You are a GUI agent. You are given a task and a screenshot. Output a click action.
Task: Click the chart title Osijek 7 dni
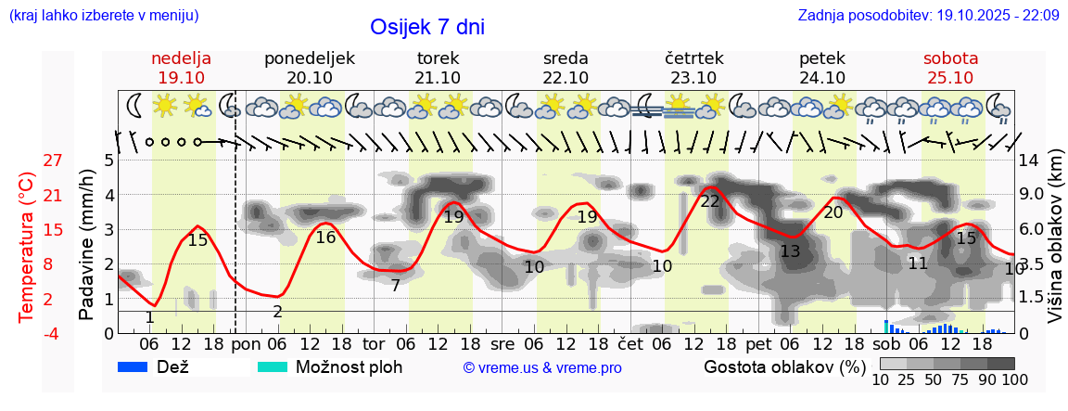[426, 27]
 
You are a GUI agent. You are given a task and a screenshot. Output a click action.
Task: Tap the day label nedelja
[182, 58]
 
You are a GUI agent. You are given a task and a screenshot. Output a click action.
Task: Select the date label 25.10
[950, 78]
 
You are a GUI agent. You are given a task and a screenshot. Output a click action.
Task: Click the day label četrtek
[693, 58]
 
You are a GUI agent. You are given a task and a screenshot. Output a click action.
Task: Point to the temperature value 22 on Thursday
[710, 201]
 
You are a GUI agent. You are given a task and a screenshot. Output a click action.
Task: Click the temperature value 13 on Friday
[790, 251]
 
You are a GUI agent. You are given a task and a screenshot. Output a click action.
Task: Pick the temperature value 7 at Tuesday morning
[396, 285]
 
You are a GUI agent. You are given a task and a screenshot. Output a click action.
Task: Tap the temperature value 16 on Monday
[325, 238]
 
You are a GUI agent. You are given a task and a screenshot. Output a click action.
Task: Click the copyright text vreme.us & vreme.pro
[542, 367]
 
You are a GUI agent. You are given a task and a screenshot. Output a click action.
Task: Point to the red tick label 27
[53, 161]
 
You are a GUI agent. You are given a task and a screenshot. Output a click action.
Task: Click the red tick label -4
[53, 333]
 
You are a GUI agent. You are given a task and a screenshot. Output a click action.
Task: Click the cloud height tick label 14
[1029, 161]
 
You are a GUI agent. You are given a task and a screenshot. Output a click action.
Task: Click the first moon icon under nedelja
[134, 106]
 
